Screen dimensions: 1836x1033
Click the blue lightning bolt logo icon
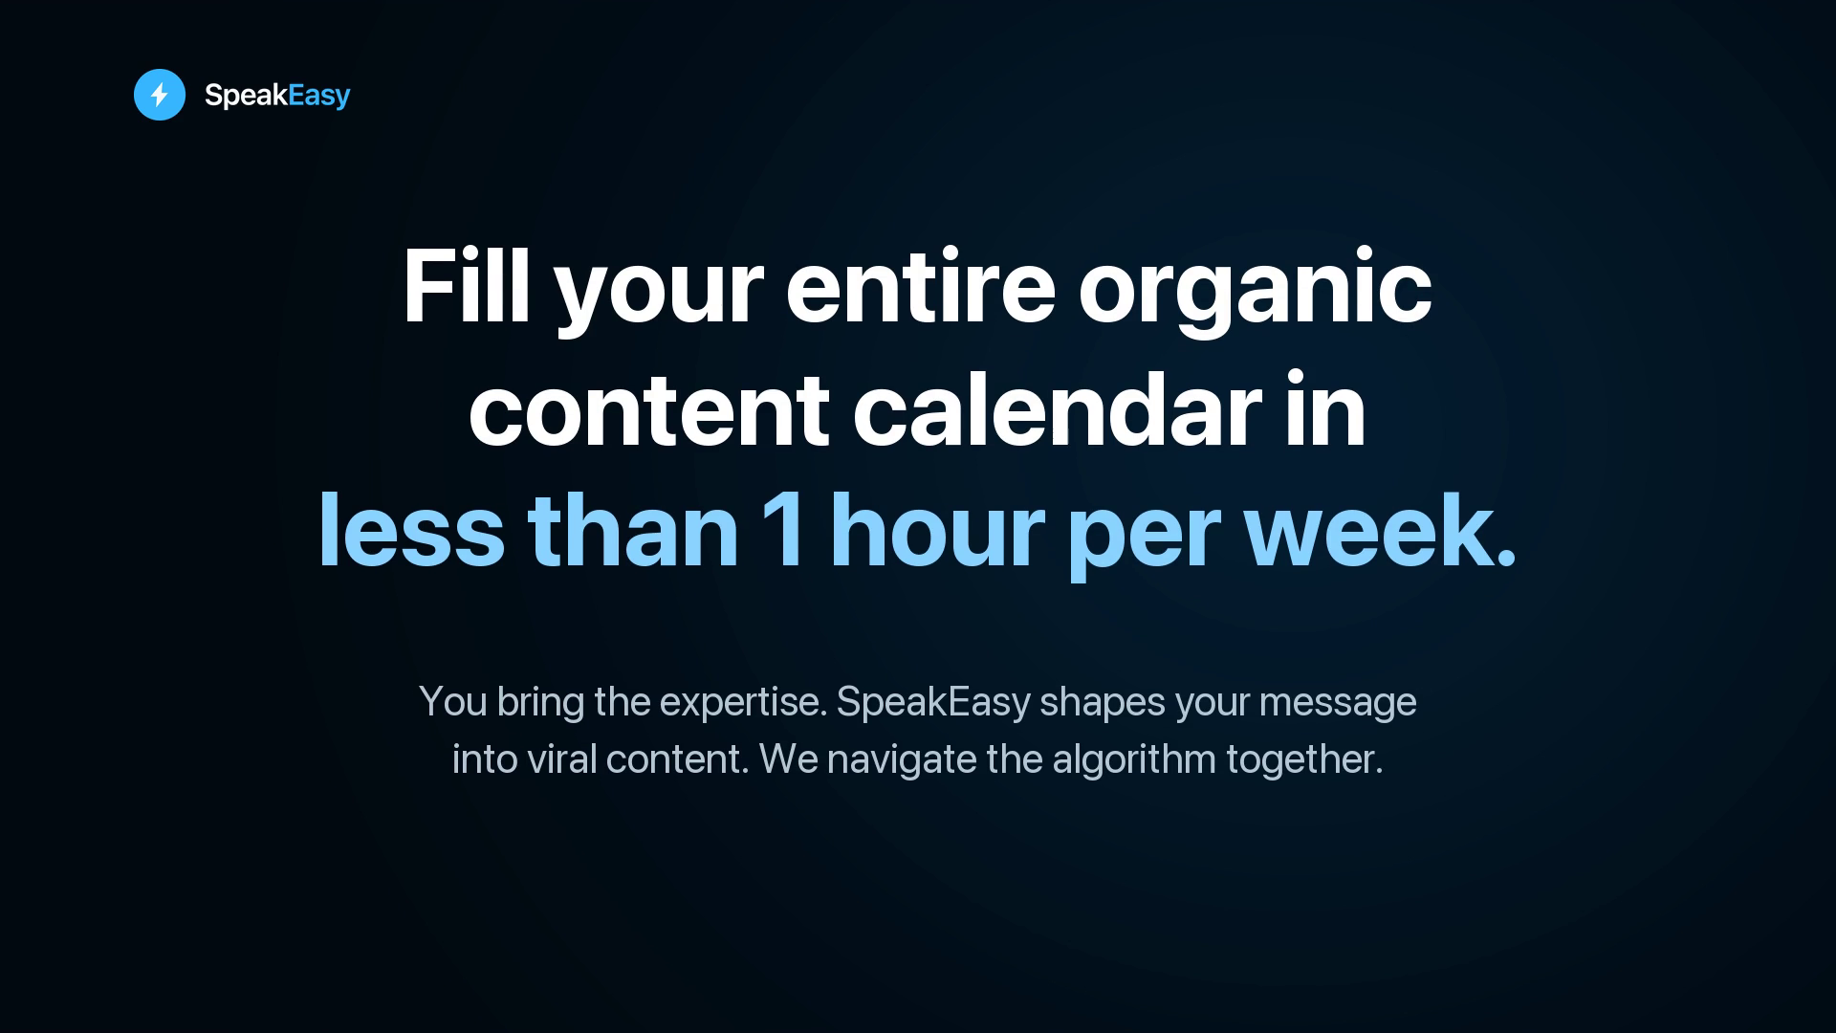[x=160, y=95]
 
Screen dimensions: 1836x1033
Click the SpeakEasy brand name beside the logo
[x=277, y=96]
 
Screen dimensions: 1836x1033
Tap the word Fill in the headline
[x=466, y=287]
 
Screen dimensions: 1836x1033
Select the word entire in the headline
[x=920, y=287]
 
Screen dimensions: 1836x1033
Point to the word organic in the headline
[x=1255, y=292]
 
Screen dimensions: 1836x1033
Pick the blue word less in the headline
[x=411, y=531]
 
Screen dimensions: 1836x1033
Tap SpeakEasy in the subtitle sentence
[x=933, y=703]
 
